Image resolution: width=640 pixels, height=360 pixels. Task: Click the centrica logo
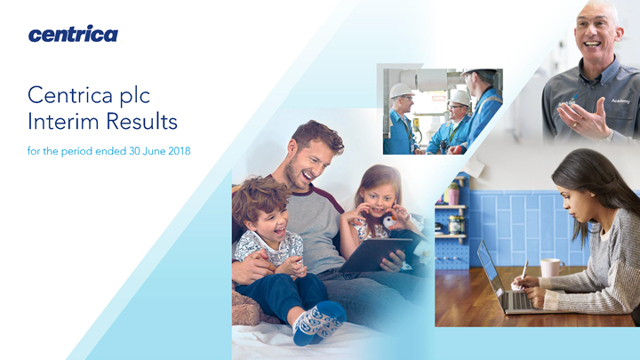(73, 34)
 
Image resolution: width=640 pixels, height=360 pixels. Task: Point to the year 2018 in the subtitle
(180, 151)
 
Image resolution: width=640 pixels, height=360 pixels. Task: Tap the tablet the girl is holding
(375, 255)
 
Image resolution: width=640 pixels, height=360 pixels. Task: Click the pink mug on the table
(551, 268)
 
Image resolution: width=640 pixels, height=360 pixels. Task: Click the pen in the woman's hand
(524, 270)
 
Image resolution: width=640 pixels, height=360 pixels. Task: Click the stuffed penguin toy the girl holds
(390, 220)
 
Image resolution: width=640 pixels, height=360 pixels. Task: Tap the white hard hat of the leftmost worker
(401, 90)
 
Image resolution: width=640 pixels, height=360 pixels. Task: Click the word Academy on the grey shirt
(620, 100)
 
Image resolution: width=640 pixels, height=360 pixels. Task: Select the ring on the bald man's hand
(575, 124)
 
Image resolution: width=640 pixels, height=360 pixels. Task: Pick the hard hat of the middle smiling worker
(460, 98)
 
